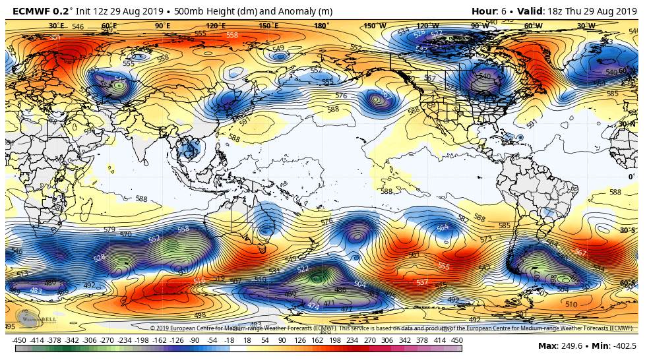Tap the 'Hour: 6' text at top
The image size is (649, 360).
pyautogui.click(x=491, y=11)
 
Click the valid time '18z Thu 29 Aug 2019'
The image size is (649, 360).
pyautogui.click(x=590, y=11)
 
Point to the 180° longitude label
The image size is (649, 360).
pyautogui.click(x=321, y=26)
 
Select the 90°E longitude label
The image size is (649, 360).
pyautogui.click(x=162, y=26)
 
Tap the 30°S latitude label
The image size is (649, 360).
pyautogui.click(x=627, y=230)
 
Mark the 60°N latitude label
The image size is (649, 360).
pyautogui.click(x=627, y=71)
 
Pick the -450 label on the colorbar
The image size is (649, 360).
pyautogui.click(x=19, y=340)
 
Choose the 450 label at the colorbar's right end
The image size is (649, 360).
pyautogui.click(x=456, y=340)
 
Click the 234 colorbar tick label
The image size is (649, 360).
pyautogui.click(x=352, y=340)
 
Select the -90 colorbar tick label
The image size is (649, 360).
pyautogui.click(x=195, y=340)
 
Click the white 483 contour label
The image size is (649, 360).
pyautogui.click(x=36, y=290)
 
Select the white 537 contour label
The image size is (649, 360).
pyautogui.click(x=422, y=282)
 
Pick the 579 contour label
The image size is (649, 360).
pyautogui.click(x=109, y=229)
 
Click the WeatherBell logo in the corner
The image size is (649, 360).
pyautogui.click(x=39, y=319)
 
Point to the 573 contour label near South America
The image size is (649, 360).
pyautogui.click(x=486, y=239)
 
